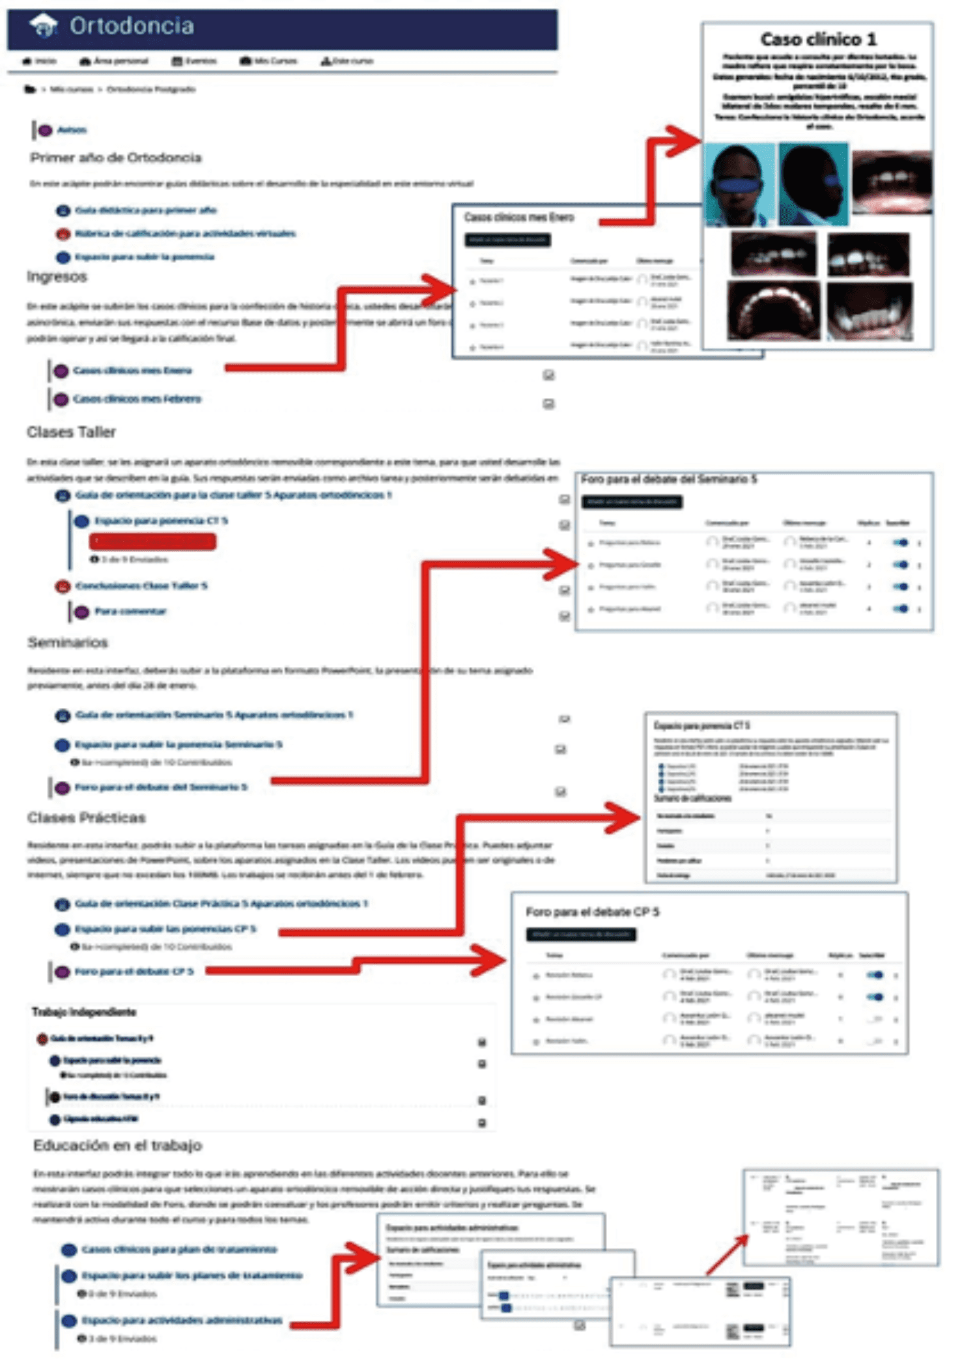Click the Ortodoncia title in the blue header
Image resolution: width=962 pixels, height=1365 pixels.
pos(132,26)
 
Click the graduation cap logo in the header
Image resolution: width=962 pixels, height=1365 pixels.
pos(44,25)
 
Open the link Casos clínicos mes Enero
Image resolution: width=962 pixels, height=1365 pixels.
pos(132,371)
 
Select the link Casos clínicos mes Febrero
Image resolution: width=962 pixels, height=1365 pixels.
pos(137,399)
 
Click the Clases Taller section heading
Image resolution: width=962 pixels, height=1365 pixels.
pos(72,432)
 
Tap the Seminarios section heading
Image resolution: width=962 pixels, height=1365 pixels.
pos(68,643)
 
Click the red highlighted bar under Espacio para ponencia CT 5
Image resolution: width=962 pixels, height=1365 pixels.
pos(153,542)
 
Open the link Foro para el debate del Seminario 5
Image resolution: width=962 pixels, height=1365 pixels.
pos(161,787)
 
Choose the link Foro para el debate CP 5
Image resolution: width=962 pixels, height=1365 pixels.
pos(134,972)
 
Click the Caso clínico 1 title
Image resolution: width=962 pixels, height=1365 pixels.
pos(818,40)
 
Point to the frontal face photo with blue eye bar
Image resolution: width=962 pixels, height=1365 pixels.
pos(739,185)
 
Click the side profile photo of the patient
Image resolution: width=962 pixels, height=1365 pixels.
pos(813,185)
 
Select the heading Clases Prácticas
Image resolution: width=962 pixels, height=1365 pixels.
pos(87,818)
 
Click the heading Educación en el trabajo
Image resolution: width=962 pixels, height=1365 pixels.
pos(118,1146)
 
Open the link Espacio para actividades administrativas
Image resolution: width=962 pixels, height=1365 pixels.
pos(182,1321)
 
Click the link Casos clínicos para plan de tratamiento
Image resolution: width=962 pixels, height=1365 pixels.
pos(179,1250)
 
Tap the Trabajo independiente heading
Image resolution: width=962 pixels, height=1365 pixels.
pos(84,1012)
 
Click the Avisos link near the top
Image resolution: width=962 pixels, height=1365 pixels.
pos(72,130)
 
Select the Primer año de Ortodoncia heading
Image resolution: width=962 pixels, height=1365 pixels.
pos(116,158)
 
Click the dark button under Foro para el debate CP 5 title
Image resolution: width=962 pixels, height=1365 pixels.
pos(581,935)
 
